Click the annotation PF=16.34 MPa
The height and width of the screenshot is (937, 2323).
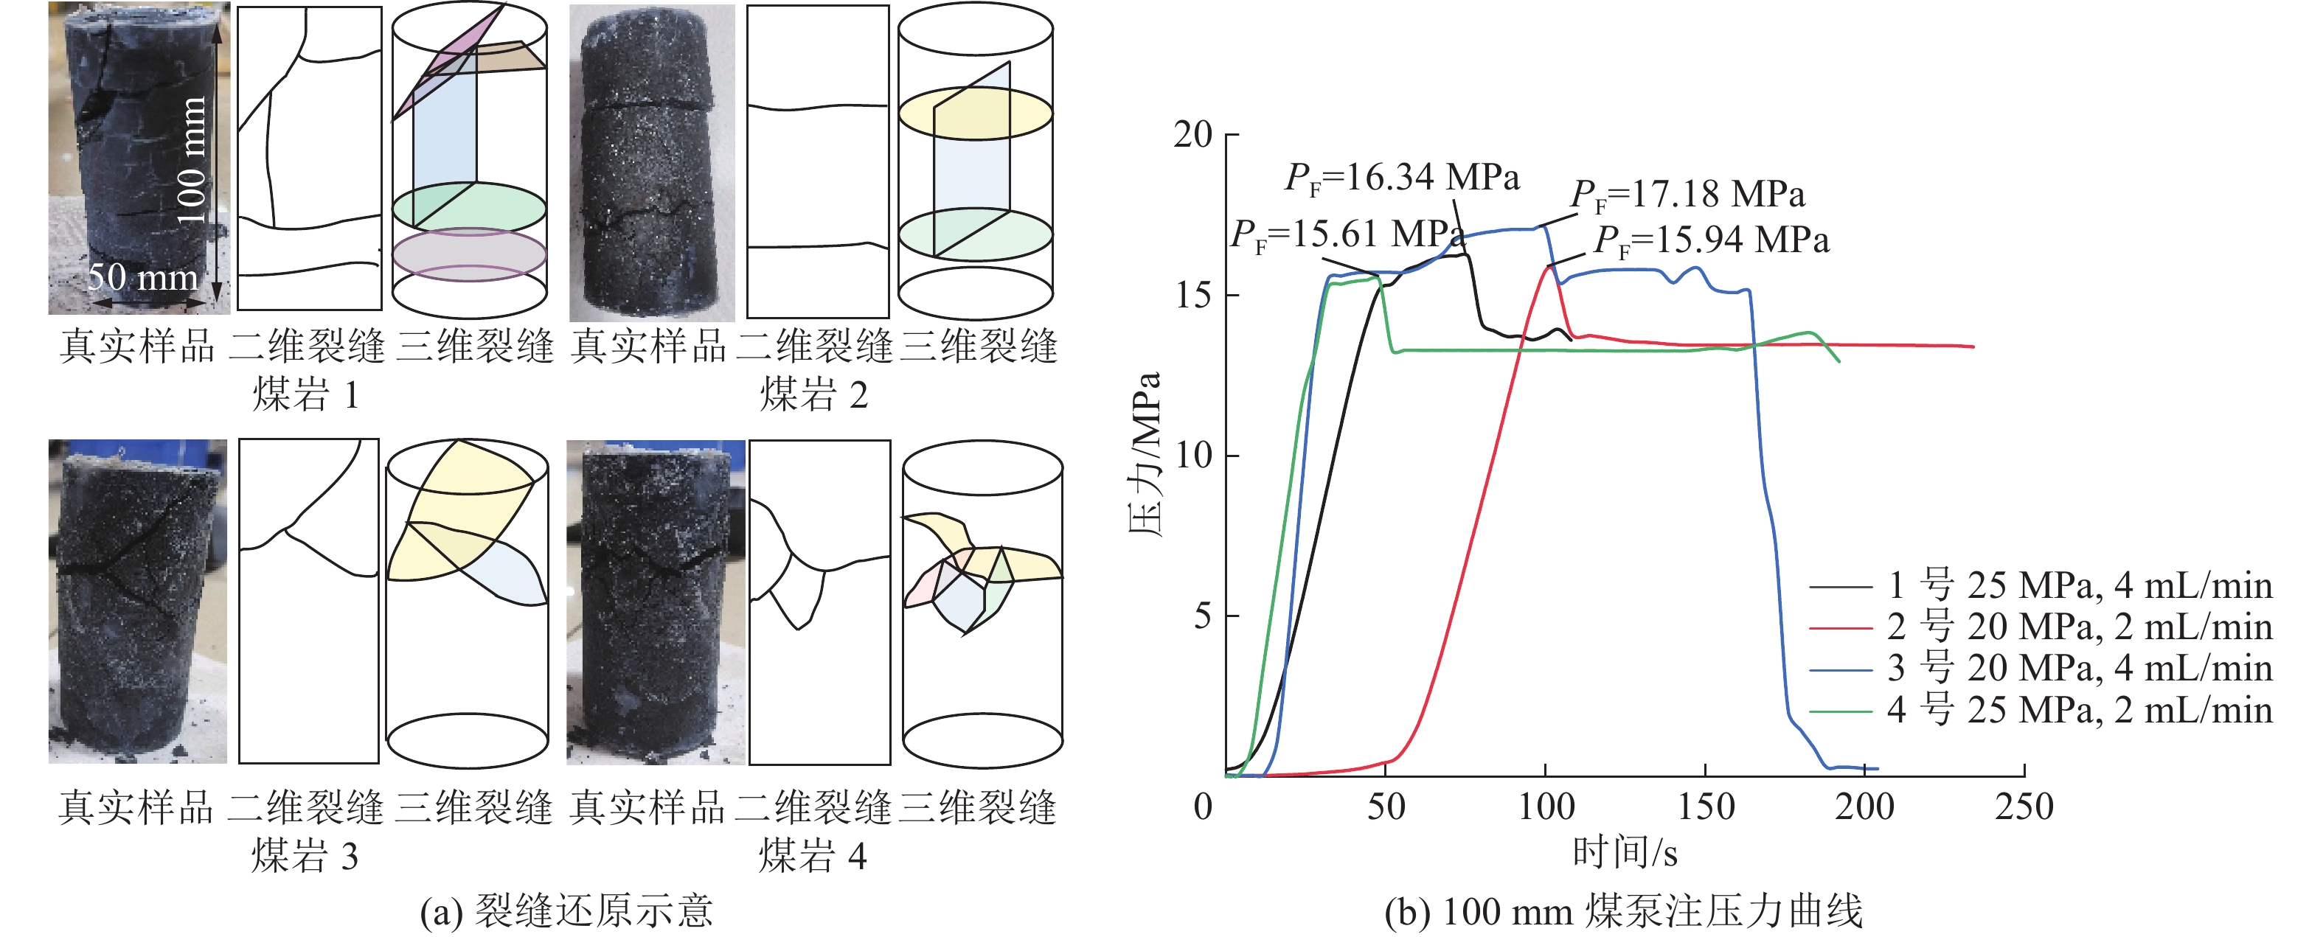(x=1402, y=178)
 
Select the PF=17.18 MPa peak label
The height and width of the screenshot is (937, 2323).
(x=1687, y=195)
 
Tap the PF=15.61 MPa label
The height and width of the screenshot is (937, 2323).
(x=1347, y=235)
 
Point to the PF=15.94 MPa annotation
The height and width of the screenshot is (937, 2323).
(x=1712, y=241)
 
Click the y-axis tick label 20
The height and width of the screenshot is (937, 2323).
(x=1192, y=135)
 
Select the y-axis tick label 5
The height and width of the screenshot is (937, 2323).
(x=1203, y=616)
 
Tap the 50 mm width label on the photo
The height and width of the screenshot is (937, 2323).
(x=142, y=277)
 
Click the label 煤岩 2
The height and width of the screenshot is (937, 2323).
(x=813, y=395)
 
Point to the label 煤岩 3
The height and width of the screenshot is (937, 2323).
(x=305, y=855)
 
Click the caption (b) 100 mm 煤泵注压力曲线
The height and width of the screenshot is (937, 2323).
(x=1623, y=911)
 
